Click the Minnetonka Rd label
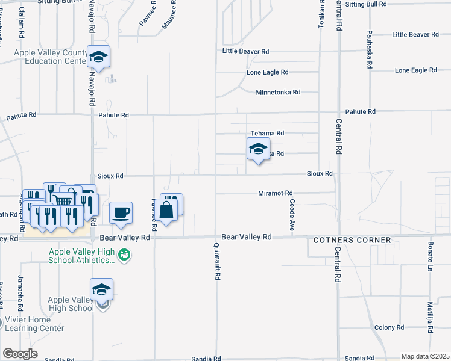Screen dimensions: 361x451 [x=278, y=92]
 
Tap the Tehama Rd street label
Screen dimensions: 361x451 [x=267, y=133]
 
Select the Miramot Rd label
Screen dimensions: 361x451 [x=275, y=193]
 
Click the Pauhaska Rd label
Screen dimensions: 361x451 [x=370, y=45]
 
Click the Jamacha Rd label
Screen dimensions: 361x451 [x=20, y=288]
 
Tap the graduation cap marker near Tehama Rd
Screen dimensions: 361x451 [x=258, y=149]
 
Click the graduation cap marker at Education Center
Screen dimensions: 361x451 [x=99, y=57]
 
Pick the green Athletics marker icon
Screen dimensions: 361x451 [x=125, y=256]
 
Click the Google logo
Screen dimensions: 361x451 [x=19, y=354]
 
